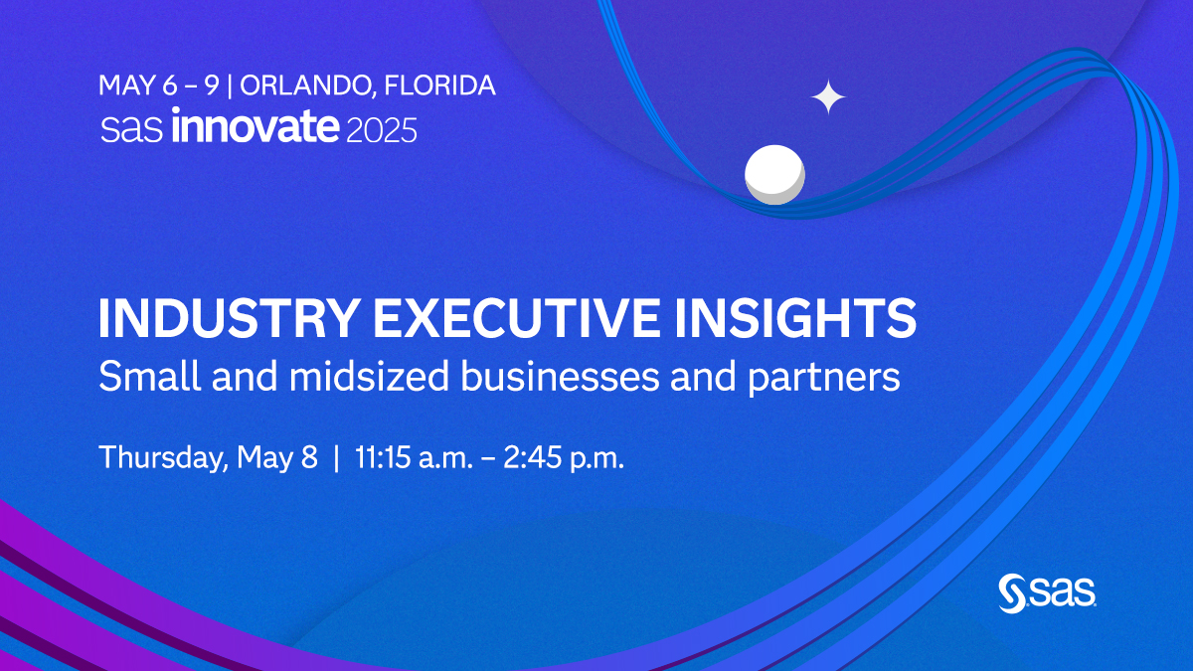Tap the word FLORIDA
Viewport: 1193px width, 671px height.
tap(439, 85)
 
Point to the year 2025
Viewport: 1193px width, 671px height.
tap(381, 130)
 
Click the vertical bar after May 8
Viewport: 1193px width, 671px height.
tap(336, 458)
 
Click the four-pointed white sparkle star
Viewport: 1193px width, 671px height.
tap(828, 97)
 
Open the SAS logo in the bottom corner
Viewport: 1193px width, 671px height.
tap(1047, 592)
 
